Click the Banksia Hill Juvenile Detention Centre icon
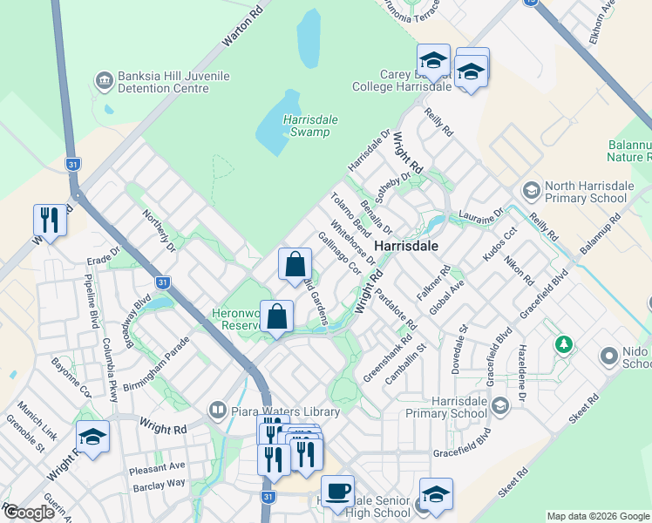point(105,81)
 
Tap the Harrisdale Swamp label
point(298,126)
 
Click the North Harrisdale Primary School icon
point(530,190)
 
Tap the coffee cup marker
point(337,490)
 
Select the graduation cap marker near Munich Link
point(92,437)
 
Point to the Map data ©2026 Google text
point(598,516)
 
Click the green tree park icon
point(564,344)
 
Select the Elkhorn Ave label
point(603,15)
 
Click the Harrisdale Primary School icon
point(500,405)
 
